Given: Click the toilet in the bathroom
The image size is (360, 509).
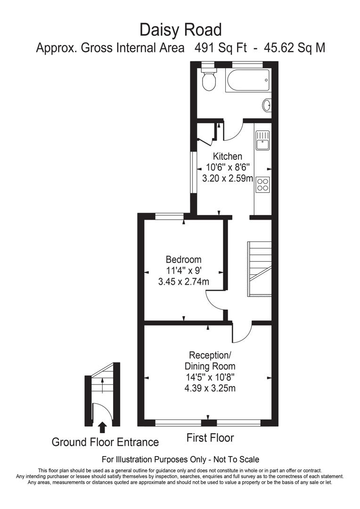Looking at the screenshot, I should pyautogui.click(x=208, y=81).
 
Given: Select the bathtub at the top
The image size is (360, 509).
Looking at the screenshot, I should pyautogui.click(x=247, y=81).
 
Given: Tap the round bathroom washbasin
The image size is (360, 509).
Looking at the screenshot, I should pyautogui.click(x=267, y=105).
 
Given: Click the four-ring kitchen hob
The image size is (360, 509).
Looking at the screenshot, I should pyautogui.click(x=262, y=184).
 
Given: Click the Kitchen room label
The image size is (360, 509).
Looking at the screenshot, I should pyautogui.click(x=228, y=156).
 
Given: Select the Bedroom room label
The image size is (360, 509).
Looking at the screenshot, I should pyautogui.click(x=183, y=260).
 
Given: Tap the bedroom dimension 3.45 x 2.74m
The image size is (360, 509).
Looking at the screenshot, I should pyautogui.click(x=183, y=282).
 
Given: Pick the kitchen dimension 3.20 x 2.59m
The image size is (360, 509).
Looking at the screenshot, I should pyautogui.click(x=228, y=179).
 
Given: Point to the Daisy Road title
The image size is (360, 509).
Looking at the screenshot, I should pyautogui.click(x=180, y=30).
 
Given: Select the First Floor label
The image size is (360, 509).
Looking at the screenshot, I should pyautogui.click(x=210, y=438).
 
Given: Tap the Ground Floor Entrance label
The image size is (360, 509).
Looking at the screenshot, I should pyautogui.click(x=105, y=442).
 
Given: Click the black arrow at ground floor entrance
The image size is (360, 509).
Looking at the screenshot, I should pyautogui.click(x=102, y=427).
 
